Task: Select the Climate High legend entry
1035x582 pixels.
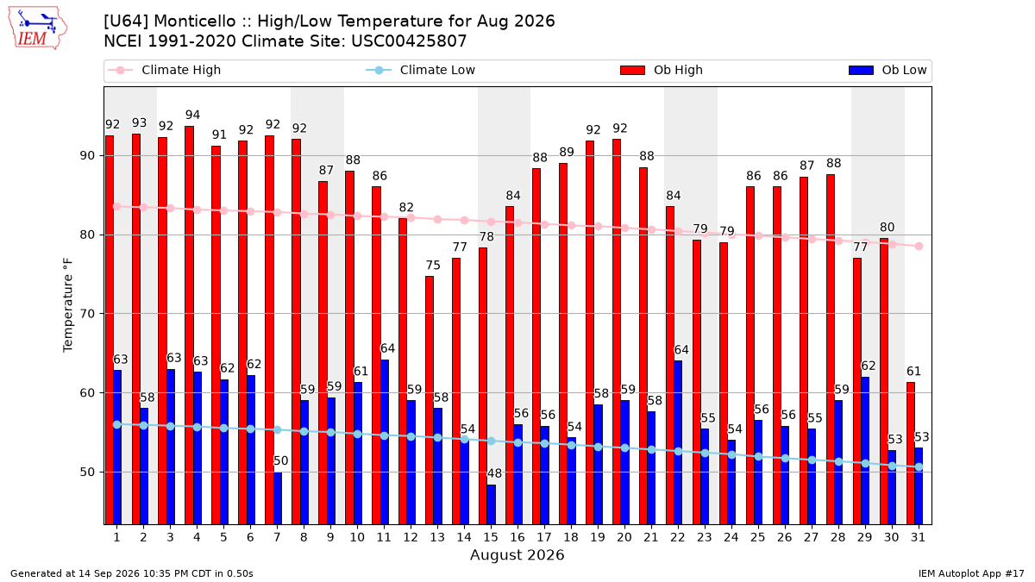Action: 164,70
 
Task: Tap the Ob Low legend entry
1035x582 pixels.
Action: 888,70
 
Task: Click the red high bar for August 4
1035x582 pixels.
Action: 189,325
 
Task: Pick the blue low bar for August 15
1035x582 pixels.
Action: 491,504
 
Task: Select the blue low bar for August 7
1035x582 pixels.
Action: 277,498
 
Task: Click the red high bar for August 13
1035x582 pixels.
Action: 430,400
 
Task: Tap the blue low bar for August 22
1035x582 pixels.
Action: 678,442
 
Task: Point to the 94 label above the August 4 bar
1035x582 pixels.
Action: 192,115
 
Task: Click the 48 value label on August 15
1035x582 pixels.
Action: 494,473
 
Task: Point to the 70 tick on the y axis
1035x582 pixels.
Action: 87,314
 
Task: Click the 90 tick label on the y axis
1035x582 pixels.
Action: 87,156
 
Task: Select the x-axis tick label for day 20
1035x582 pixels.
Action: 624,537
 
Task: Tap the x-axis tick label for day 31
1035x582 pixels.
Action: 918,537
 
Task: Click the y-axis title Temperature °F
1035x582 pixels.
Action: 68,305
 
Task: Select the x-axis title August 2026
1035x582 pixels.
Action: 517,554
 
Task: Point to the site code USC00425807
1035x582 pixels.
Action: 409,41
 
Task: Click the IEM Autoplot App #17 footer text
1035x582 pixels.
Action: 971,573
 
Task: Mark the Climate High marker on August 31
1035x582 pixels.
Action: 919,247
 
